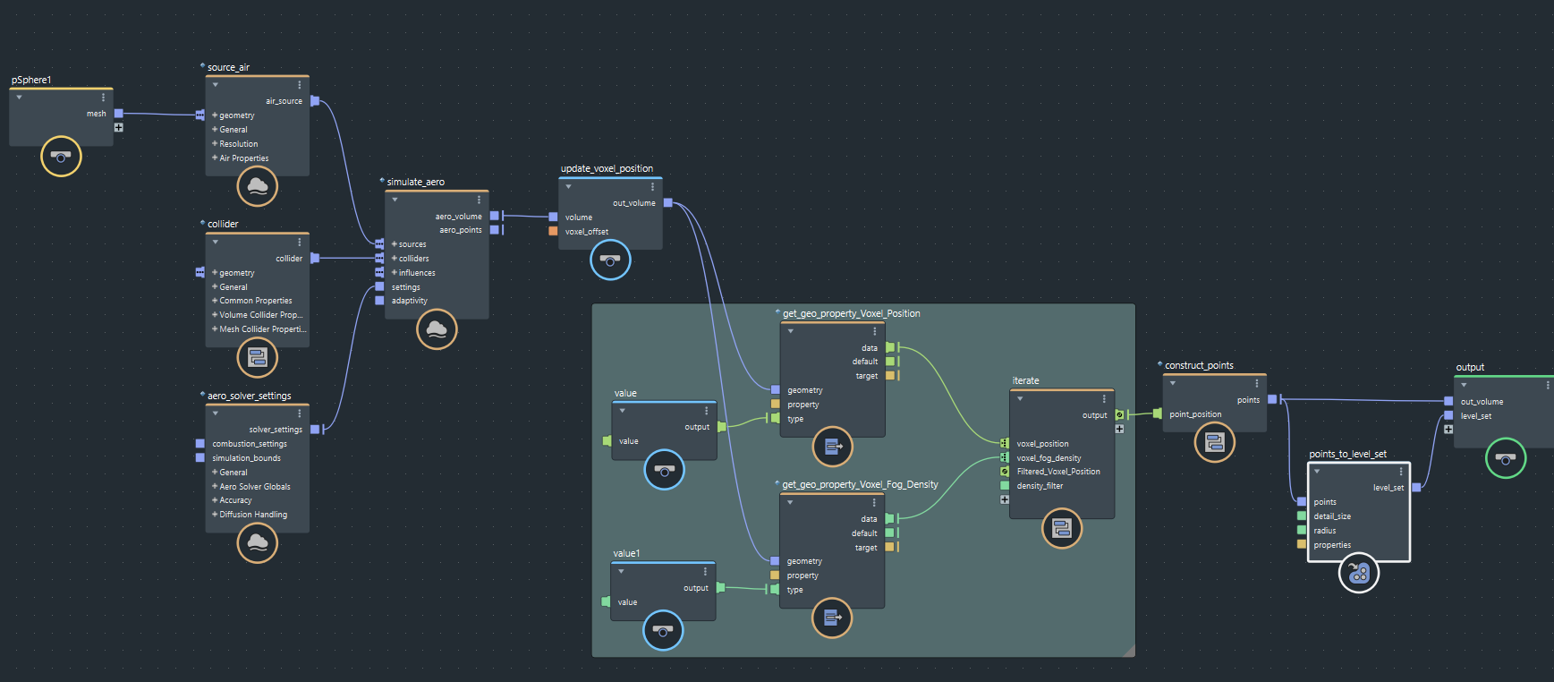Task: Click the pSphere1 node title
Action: coord(31,80)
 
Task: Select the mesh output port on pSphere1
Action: coord(118,114)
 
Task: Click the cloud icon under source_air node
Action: coord(258,186)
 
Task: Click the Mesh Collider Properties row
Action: coord(262,329)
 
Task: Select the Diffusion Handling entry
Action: coord(253,515)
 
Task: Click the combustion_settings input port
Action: coord(200,444)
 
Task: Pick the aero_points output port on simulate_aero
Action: coord(494,230)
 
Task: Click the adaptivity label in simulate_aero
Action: coord(409,301)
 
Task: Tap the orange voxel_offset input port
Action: coord(553,231)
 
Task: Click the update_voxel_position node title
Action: coord(607,168)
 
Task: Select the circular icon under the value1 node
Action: coord(663,630)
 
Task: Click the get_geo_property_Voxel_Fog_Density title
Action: coord(860,484)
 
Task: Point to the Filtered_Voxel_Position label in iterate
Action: coord(1058,472)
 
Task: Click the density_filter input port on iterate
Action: coord(1005,486)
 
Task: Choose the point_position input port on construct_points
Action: coord(1158,413)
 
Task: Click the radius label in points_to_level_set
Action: coord(1324,531)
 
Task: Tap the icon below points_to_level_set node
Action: coord(1358,573)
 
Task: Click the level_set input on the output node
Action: coord(1448,415)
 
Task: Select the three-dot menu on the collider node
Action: coord(299,243)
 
